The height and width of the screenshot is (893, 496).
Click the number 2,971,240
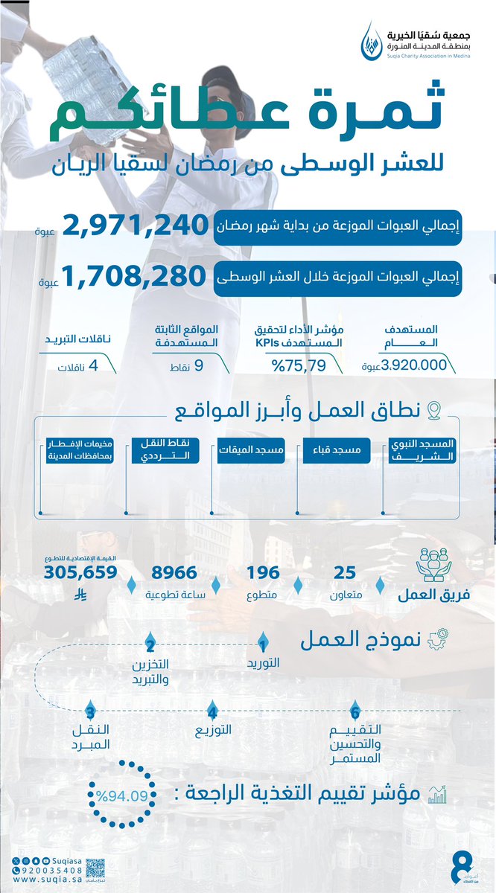[133, 228]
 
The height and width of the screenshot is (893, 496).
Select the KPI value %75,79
[295, 365]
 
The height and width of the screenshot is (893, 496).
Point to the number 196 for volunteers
[264, 572]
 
